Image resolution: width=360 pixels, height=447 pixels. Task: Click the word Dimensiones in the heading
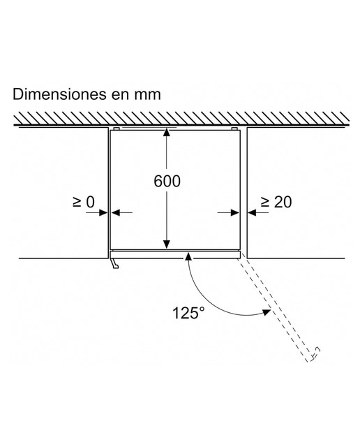click(x=58, y=94)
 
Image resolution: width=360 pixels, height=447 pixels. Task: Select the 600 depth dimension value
click(x=167, y=181)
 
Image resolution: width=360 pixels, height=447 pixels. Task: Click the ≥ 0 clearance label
click(x=84, y=202)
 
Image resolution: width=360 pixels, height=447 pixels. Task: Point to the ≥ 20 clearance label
click(x=276, y=202)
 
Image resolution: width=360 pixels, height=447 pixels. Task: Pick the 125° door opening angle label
click(x=188, y=313)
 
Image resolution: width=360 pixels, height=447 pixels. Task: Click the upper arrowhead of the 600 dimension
click(x=167, y=133)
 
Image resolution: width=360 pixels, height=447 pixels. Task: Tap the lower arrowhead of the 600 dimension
click(x=167, y=244)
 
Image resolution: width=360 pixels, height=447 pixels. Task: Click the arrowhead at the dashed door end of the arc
click(x=266, y=312)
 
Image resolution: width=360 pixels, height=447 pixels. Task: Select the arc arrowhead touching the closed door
click(x=188, y=256)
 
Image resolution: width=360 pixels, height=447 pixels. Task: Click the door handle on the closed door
click(x=115, y=263)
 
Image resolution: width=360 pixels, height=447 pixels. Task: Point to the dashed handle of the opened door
click(x=315, y=353)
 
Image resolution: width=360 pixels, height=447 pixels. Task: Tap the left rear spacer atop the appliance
click(x=117, y=129)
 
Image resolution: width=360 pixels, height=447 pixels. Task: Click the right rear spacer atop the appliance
click(x=234, y=129)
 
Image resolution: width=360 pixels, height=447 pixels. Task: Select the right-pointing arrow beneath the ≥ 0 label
click(x=97, y=212)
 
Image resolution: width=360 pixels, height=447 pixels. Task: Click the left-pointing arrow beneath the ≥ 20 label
click(x=258, y=212)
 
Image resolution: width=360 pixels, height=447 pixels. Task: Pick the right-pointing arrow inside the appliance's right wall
click(x=228, y=212)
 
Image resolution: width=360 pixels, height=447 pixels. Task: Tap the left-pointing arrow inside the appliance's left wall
click(x=121, y=212)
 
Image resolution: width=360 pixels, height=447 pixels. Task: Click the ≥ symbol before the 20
click(x=265, y=202)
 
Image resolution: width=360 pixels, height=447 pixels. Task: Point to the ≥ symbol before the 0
click(x=77, y=202)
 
